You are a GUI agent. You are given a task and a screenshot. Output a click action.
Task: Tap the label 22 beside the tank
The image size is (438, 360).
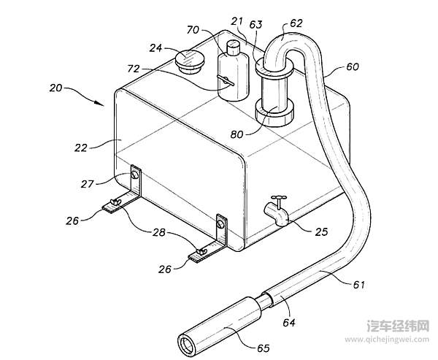(x=81, y=147)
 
